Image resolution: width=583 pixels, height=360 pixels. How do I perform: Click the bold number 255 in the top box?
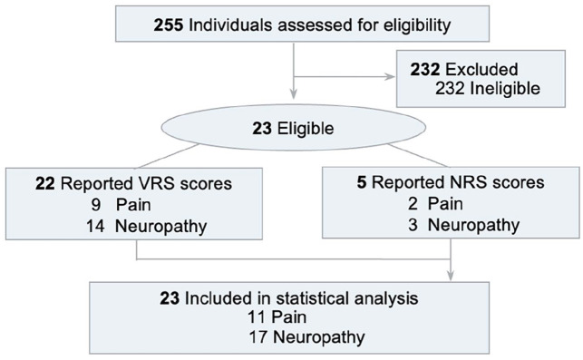click(169, 24)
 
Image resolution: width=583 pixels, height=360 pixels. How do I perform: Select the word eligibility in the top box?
click(417, 25)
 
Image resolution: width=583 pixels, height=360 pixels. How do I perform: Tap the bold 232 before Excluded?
click(425, 70)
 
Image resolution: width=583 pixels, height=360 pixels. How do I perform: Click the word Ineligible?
click(505, 89)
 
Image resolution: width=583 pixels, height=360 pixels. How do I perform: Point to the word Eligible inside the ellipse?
click(306, 129)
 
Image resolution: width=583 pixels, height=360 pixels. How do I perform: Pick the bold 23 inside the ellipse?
click(262, 129)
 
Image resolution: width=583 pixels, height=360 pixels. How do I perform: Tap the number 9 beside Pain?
click(96, 205)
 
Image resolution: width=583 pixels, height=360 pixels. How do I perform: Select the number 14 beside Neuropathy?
click(95, 226)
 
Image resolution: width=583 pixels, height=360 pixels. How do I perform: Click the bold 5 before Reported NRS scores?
click(362, 182)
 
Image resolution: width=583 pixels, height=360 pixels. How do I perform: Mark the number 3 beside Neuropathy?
click(413, 225)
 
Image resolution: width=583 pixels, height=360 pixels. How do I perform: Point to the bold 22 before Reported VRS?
click(45, 184)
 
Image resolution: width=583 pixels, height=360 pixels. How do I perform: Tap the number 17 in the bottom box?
click(257, 337)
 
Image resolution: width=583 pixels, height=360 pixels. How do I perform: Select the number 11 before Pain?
click(257, 317)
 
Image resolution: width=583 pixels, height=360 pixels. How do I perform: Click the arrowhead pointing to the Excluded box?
click(390, 77)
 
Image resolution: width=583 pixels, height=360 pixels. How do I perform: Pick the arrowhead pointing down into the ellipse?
click(294, 94)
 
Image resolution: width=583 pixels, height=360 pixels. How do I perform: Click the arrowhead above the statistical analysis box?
click(451, 276)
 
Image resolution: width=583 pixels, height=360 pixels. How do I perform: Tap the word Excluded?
click(481, 70)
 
